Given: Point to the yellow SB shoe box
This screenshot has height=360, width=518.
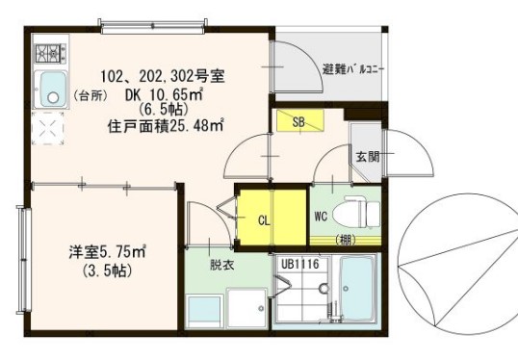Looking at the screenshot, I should (x=298, y=121).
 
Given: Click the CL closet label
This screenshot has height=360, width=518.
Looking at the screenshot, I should (x=264, y=219).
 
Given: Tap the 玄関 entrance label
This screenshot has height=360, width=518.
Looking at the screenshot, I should (x=367, y=156).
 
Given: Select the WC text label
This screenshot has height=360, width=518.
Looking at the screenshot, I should (x=321, y=217).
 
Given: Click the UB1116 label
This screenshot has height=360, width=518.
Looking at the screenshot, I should (x=299, y=262).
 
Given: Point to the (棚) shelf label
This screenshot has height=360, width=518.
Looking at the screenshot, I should (x=344, y=239).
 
